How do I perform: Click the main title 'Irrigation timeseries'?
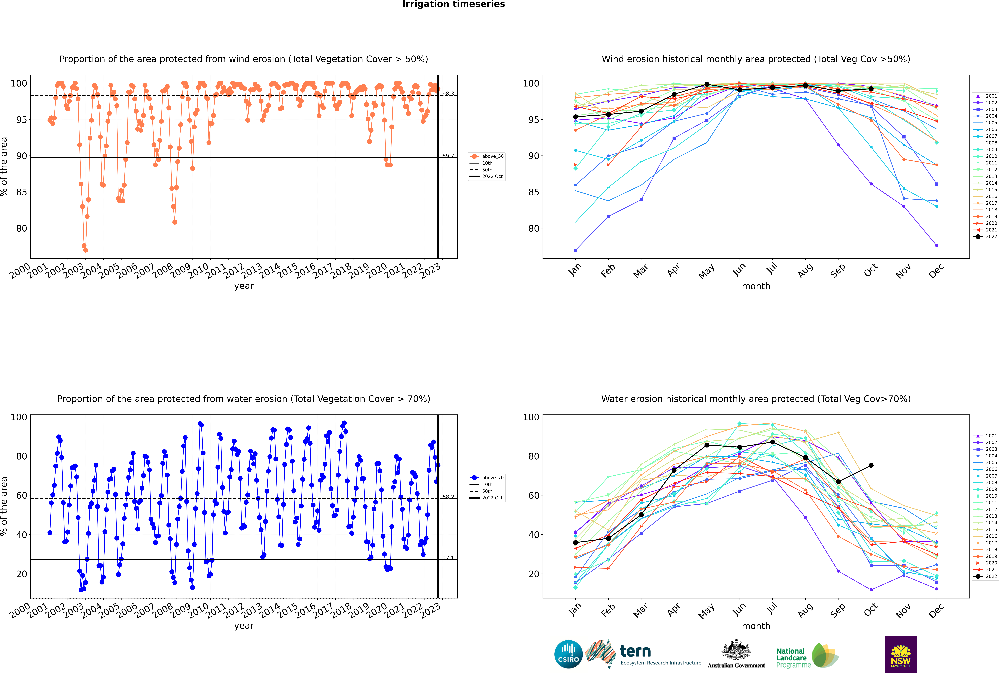454,4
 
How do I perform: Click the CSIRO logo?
568,654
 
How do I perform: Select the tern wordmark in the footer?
635,652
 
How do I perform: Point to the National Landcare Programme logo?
807,655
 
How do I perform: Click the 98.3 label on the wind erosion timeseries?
448,94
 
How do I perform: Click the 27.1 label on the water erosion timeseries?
448,558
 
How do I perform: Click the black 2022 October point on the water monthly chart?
871,465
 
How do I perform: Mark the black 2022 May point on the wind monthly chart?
707,85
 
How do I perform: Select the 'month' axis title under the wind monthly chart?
756,286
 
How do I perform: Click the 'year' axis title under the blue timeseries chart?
244,626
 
